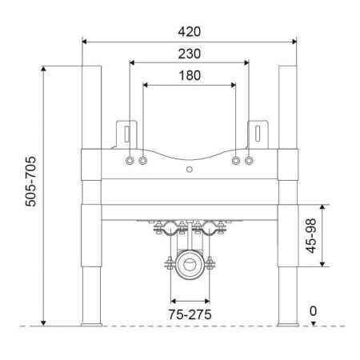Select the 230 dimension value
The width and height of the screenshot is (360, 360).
coord(190,53)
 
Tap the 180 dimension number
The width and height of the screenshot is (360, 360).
coord(190,74)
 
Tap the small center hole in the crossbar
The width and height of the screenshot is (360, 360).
coord(190,170)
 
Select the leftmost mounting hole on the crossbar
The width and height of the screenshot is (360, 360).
coord(130,162)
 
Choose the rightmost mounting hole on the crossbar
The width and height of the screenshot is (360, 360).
coord(250,162)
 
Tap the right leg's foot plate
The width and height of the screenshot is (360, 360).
coord(289,324)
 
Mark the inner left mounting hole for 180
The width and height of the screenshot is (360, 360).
coord(143,162)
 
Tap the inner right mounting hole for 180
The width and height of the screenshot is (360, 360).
coord(236,162)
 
